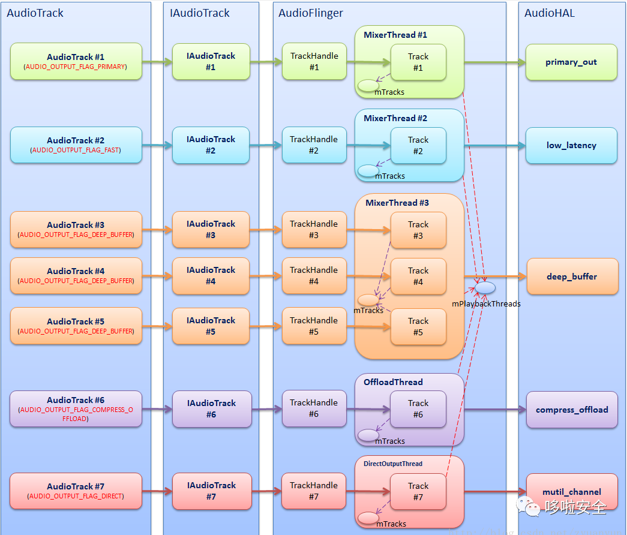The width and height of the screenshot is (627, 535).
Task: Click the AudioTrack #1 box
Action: pyautogui.click(x=76, y=61)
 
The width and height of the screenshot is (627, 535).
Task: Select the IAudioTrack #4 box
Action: pyautogui.click(x=211, y=276)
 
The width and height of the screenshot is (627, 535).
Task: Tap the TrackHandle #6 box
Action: pyautogui.click(x=314, y=408)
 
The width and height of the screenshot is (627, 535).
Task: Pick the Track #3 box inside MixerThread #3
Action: pyautogui.click(x=418, y=230)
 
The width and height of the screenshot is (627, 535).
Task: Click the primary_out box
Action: pyautogui.click(x=571, y=62)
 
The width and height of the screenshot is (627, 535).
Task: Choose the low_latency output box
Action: pyautogui.click(x=571, y=145)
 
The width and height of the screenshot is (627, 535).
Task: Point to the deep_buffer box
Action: pyautogui.click(x=572, y=276)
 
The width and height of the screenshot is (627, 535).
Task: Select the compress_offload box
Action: pyautogui.click(x=572, y=410)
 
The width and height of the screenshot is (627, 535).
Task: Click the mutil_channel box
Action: pyautogui.click(x=572, y=492)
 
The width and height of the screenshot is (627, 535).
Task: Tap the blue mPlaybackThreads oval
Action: pyautogui.click(x=486, y=288)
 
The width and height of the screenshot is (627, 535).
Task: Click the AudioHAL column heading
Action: pyautogui.click(x=550, y=13)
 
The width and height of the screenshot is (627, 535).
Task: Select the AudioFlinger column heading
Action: pyautogui.click(x=310, y=13)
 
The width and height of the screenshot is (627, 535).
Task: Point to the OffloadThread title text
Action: pyautogui.click(x=393, y=382)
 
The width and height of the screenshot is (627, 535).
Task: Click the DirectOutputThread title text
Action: pyautogui.click(x=393, y=464)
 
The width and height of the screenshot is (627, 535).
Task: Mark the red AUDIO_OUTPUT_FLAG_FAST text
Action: pyautogui.click(x=76, y=151)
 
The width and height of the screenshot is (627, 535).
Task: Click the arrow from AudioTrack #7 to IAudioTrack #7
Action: pyautogui.click(x=157, y=491)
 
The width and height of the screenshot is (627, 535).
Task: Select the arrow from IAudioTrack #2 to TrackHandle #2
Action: pyautogui.click(x=266, y=145)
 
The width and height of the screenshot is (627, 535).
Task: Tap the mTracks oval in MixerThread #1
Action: pyautogui.click(x=368, y=86)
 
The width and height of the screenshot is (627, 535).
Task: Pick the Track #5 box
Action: pyautogui.click(x=418, y=326)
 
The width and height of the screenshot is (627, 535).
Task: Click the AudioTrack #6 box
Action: pyautogui.click(x=76, y=408)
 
